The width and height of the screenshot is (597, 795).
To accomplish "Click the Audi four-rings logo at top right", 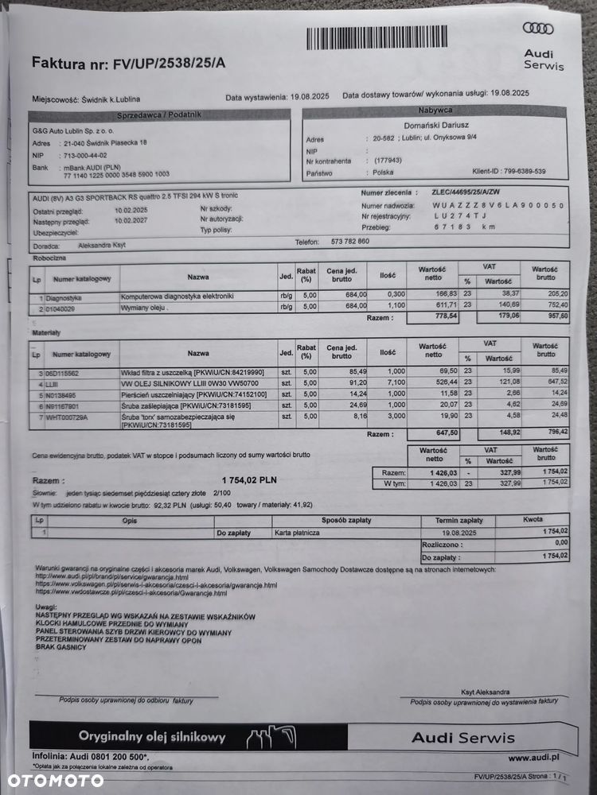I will (538, 29).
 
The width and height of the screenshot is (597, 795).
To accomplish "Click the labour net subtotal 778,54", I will (433, 316).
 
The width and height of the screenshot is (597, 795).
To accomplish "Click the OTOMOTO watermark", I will (52, 779).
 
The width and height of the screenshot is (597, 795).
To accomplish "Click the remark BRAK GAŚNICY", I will (60, 647).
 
